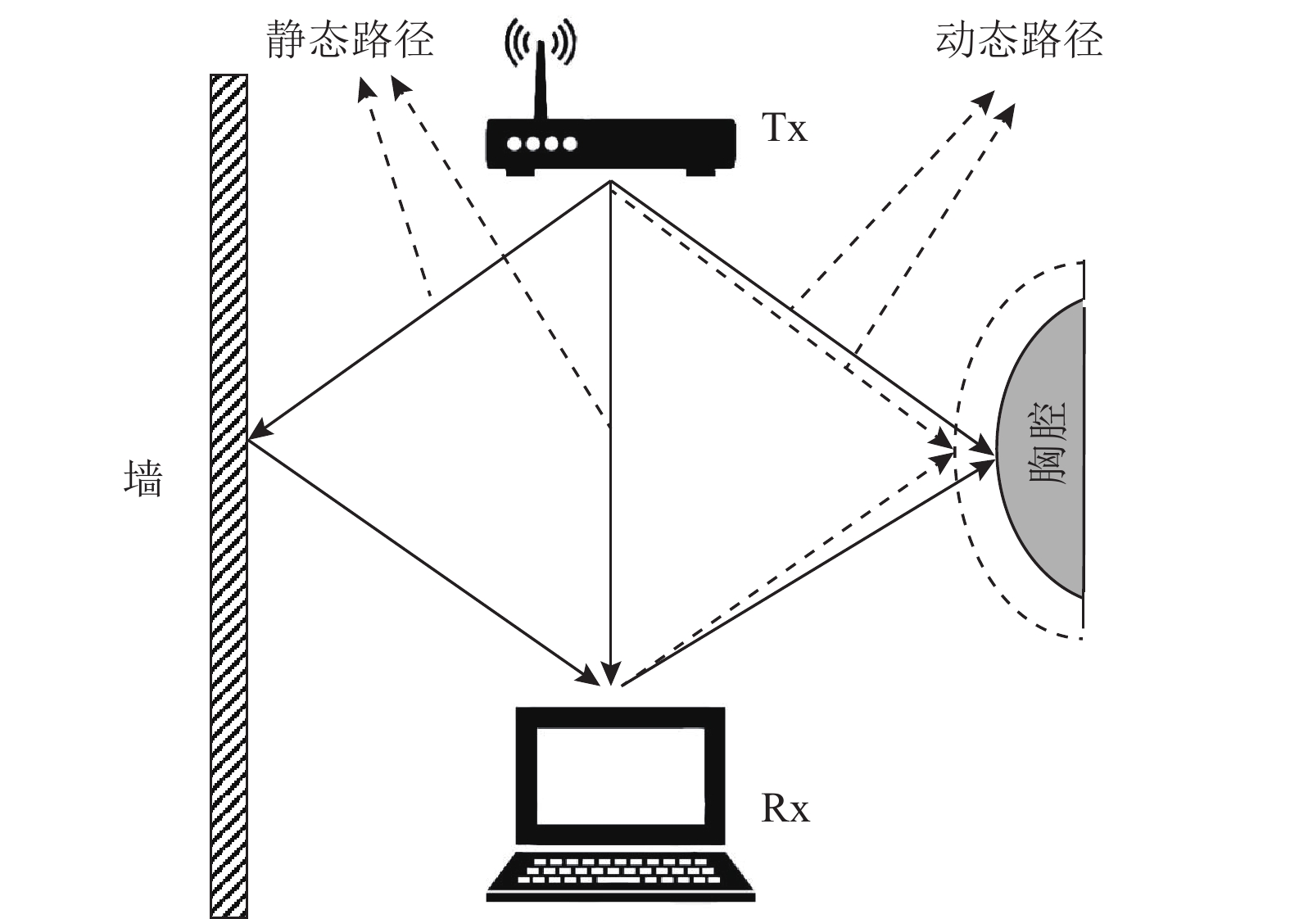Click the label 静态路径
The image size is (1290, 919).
click(x=350, y=39)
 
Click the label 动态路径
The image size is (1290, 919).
click(x=1019, y=39)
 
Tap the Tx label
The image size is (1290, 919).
click(x=784, y=129)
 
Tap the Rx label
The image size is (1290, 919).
click(x=785, y=809)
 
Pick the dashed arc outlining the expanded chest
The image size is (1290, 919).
click(x=971, y=524)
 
